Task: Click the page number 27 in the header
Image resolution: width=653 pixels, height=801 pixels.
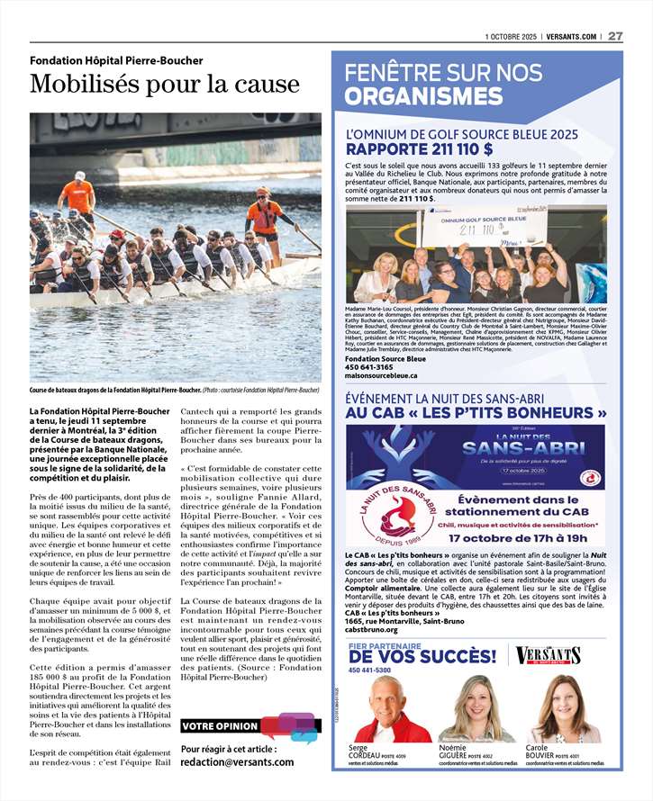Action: coord(615,36)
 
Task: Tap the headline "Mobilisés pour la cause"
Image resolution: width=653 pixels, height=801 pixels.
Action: coord(164,85)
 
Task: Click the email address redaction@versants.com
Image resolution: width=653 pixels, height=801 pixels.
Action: coord(237,761)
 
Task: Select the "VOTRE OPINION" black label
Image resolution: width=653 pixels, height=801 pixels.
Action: coord(221,726)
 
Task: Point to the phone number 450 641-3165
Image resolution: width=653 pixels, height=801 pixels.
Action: coord(368,366)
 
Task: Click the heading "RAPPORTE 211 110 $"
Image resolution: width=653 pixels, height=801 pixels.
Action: coord(420,149)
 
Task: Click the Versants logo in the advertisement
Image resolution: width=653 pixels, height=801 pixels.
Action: coord(549,656)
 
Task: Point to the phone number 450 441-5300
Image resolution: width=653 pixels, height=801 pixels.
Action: coord(369,670)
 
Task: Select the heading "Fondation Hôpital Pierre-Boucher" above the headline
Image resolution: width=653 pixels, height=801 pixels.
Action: coord(116,60)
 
